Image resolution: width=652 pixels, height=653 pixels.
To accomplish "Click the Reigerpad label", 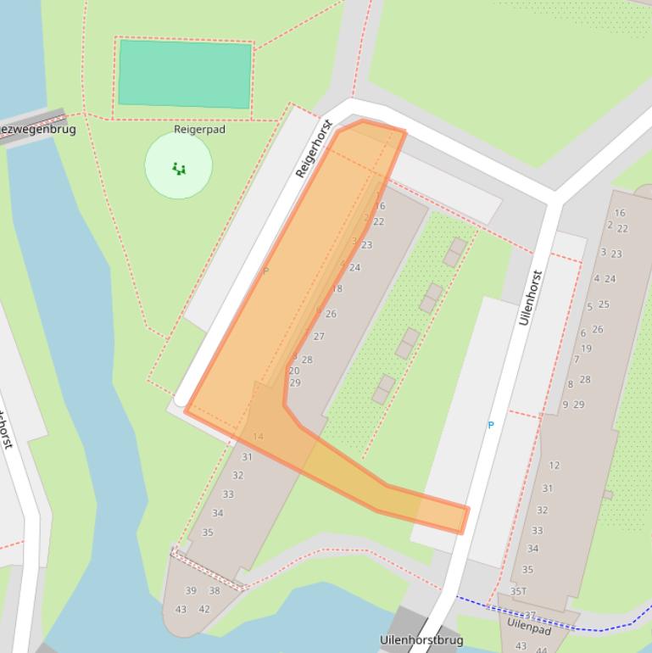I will (x=199, y=130).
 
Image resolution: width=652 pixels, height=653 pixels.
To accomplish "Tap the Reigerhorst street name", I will (x=313, y=150).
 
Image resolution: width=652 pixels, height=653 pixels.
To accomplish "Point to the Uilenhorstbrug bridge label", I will (x=421, y=639).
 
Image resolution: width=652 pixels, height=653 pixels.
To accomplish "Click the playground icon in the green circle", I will (x=179, y=168).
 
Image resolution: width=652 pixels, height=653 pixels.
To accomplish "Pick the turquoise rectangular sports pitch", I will (x=185, y=74).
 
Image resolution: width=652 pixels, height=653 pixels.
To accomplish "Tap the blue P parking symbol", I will (x=490, y=425).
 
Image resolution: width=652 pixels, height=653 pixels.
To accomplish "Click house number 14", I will (x=258, y=437).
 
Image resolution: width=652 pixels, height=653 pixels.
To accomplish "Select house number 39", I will (x=191, y=591).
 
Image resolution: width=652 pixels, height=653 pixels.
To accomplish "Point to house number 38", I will (x=215, y=591).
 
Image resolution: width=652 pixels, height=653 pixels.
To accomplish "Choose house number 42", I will (x=204, y=609).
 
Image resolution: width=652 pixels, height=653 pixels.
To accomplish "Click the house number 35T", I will (x=518, y=591).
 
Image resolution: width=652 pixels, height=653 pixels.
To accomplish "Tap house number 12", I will (x=554, y=465).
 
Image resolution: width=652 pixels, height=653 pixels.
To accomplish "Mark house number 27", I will (x=319, y=337).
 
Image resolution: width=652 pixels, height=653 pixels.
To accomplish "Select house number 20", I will (x=294, y=371).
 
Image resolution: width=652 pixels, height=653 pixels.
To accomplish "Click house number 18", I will (x=337, y=289).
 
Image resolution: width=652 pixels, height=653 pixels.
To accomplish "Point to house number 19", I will (x=586, y=349).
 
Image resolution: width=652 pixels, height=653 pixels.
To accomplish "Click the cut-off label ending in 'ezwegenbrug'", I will (x=38, y=130).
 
